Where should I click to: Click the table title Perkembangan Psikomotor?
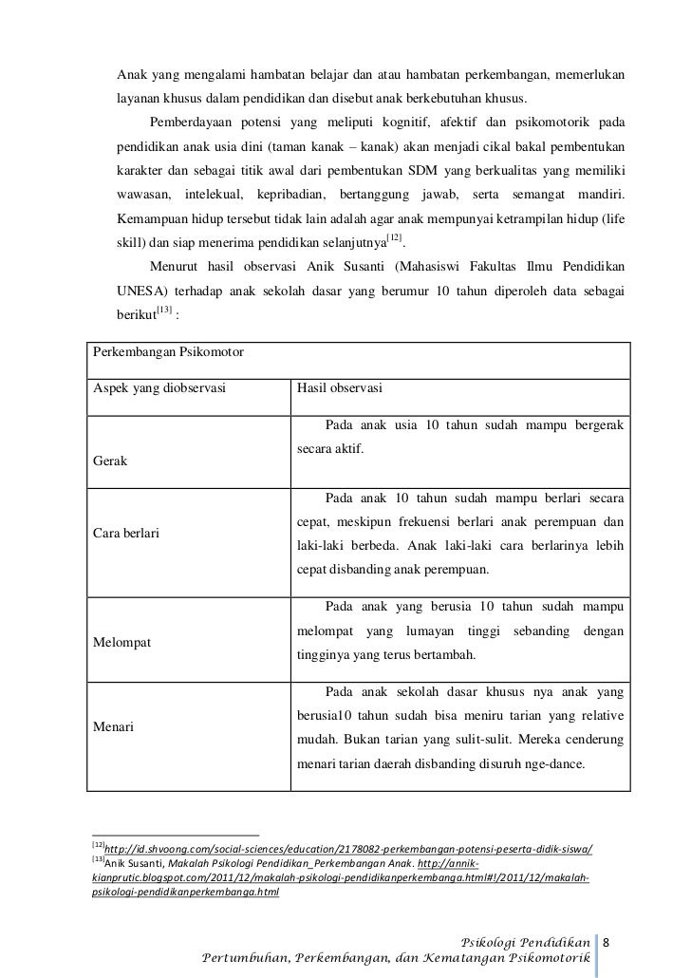[167, 353]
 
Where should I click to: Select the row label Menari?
[112, 728]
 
